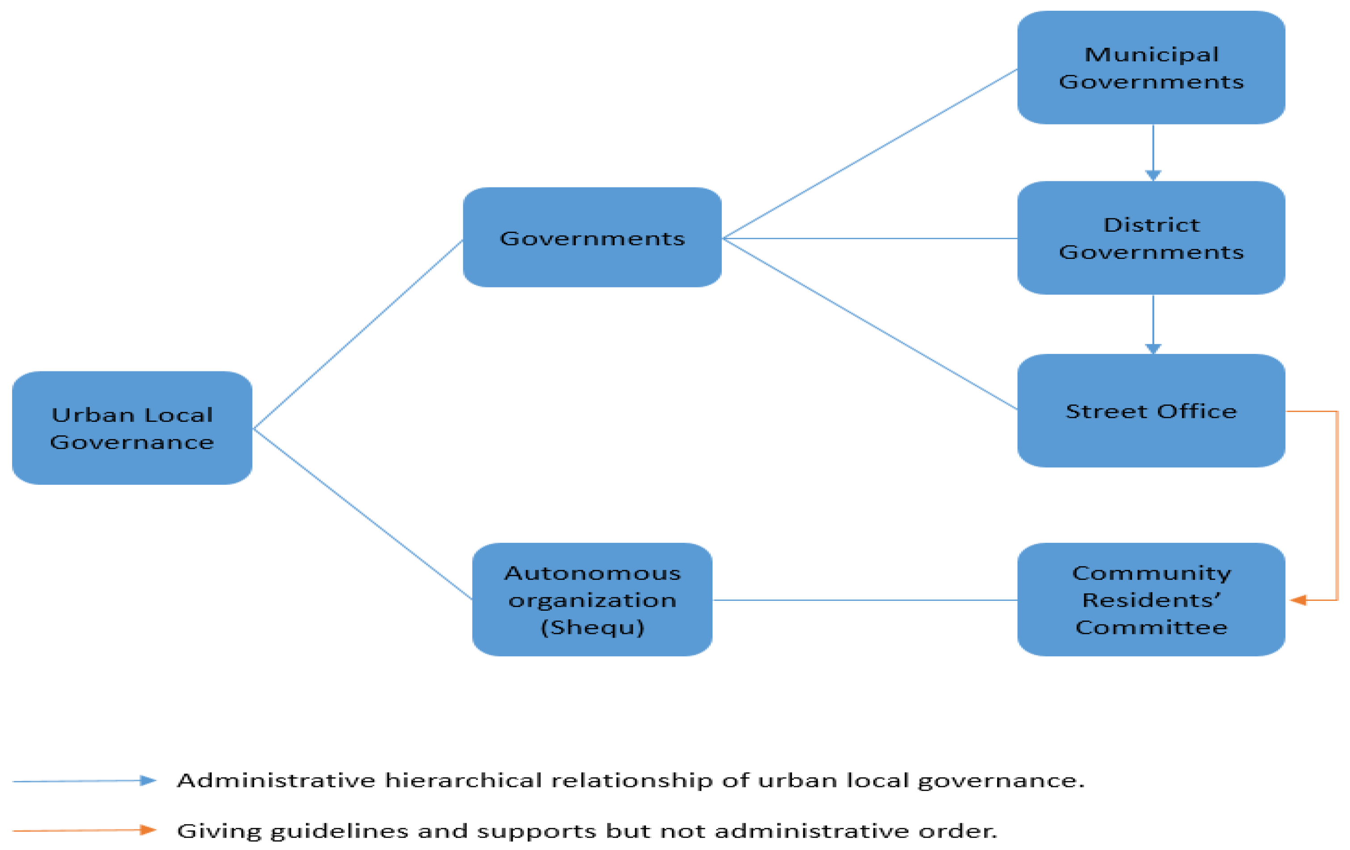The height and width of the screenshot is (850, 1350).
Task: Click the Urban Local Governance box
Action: pos(132,428)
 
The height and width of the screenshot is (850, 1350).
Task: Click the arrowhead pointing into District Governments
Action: pos(1153,175)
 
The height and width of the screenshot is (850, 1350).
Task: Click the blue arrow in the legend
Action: pos(84,780)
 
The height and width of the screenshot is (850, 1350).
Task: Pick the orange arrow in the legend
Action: pos(84,830)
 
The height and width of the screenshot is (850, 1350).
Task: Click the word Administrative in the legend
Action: pos(276,780)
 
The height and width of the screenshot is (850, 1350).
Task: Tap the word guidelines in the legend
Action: pos(339,831)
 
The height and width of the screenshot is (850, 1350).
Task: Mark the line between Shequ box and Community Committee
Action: pos(864,600)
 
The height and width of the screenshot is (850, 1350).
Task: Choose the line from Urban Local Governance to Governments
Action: pos(358,334)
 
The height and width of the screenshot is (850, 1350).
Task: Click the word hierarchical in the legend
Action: pos(463,780)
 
